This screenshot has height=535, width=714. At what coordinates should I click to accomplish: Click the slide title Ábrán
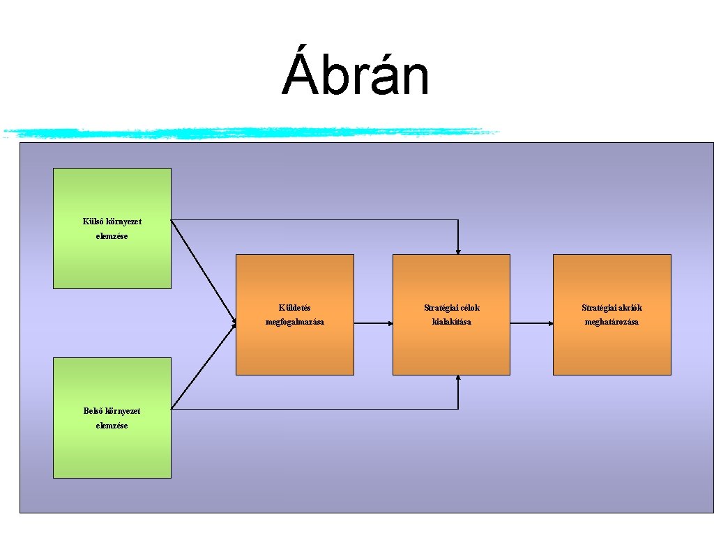coord(356,76)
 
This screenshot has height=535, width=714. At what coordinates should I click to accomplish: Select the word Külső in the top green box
coord(93,222)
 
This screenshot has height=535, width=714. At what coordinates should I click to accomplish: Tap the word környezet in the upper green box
coord(123,222)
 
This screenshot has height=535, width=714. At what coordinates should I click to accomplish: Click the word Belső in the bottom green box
coord(93,411)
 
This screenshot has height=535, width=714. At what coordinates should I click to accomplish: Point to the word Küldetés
coord(294,307)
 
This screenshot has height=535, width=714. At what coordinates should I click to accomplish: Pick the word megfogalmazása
coord(294,322)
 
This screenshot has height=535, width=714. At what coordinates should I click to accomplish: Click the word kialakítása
coord(451,322)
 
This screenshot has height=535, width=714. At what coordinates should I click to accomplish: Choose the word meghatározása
coord(612,322)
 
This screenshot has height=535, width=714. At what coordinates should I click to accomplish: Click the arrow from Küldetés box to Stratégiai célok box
coord(373,323)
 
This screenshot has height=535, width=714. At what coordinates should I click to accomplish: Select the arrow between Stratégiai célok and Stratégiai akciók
coord(531,323)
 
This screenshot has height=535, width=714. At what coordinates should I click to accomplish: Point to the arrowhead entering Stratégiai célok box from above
coord(458,250)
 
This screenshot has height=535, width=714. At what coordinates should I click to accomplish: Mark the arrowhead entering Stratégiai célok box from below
coord(458,379)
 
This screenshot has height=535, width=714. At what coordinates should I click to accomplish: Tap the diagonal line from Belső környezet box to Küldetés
coord(204,366)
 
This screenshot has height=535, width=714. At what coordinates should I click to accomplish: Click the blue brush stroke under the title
coord(251,132)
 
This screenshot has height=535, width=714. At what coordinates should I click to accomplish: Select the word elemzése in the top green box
coord(112,236)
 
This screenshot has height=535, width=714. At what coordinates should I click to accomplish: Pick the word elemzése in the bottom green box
coord(112,426)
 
